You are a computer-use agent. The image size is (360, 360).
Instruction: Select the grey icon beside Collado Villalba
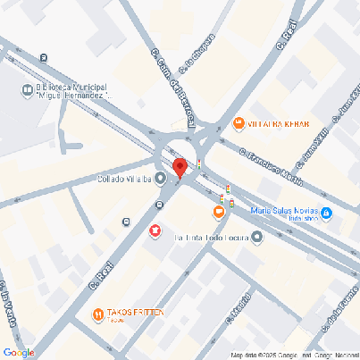pyautogui.click(x=161, y=179)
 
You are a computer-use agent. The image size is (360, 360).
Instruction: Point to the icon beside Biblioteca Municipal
pyautogui.click(x=27, y=88)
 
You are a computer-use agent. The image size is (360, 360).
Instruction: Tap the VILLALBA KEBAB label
pyautogui.click(x=278, y=123)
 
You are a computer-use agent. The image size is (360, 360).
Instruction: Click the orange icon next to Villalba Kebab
pyautogui.click(x=239, y=123)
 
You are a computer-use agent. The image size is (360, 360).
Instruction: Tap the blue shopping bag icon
pyautogui.click(x=326, y=214)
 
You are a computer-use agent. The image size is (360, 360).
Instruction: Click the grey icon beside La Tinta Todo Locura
pyautogui.click(x=257, y=238)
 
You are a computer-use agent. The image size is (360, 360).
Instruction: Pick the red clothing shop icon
pyautogui.click(x=155, y=231)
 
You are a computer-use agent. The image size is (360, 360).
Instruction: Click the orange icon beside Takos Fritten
pyautogui.click(x=96, y=314)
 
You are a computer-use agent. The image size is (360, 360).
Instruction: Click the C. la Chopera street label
pyautogui.click(x=197, y=54)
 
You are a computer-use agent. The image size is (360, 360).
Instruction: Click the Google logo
pyautogui.click(x=19, y=352)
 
